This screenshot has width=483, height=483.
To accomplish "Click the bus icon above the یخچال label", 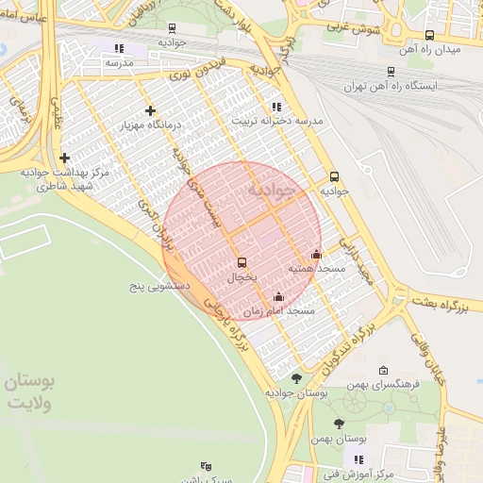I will click(x=242, y=262).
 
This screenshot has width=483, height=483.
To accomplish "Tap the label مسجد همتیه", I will click(x=317, y=270).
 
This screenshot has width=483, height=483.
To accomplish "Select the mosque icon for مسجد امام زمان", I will click(x=278, y=299).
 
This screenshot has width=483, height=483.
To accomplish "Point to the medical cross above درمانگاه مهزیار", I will click(x=149, y=110).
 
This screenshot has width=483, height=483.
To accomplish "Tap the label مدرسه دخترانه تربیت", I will click(x=277, y=122).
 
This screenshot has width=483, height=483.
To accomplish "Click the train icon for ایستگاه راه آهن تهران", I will click(x=391, y=71).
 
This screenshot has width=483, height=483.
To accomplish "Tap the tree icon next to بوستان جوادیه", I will click(x=296, y=377).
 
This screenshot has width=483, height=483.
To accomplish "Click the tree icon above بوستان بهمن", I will click(x=340, y=424).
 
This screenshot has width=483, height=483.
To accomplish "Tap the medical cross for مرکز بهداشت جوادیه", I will click(x=64, y=158).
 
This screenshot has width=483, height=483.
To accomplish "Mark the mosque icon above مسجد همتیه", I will click(x=316, y=254).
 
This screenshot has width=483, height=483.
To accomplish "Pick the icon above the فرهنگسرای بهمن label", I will click(x=382, y=370).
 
